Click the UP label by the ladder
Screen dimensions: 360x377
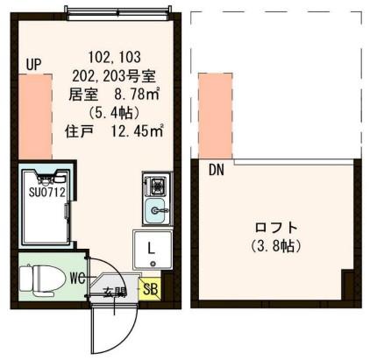click(34, 64)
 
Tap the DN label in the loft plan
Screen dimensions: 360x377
click(216, 171)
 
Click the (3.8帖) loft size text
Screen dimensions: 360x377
click(274, 247)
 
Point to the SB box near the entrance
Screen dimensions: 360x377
click(150, 287)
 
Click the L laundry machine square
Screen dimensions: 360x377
click(151, 247)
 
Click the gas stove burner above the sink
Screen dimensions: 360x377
click(158, 185)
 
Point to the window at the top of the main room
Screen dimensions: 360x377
click(114, 11)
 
